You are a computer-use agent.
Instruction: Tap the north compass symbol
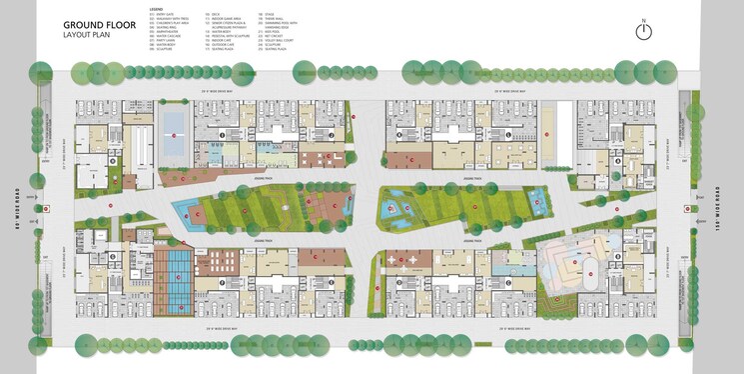(x=644, y=31)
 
